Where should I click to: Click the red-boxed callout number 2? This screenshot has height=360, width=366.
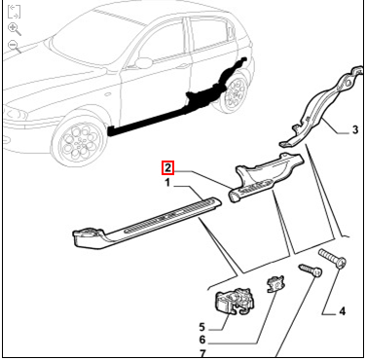coord(167,168)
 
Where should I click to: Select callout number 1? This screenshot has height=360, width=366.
coord(167,183)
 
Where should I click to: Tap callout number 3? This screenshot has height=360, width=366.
coord(355,129)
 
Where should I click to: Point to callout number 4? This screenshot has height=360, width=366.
coord(343,311)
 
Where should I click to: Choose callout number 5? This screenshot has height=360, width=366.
coord(201,327)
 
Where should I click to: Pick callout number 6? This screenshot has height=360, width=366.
coord(202,340)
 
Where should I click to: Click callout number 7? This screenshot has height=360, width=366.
coord(202,353)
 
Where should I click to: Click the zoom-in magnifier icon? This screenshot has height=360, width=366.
coord(15,29)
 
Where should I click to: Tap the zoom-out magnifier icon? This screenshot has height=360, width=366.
coord(15,47)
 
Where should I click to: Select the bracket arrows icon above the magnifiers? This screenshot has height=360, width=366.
coord(14,12)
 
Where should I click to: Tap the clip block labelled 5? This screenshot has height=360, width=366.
coord(236,302)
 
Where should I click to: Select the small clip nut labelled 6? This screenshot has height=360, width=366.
coord(275,284)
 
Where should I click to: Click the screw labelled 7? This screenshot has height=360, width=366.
coord(311,270)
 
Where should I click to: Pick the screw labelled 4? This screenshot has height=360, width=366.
coord(333,259)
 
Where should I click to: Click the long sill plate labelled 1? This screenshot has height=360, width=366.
coord(147,222)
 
